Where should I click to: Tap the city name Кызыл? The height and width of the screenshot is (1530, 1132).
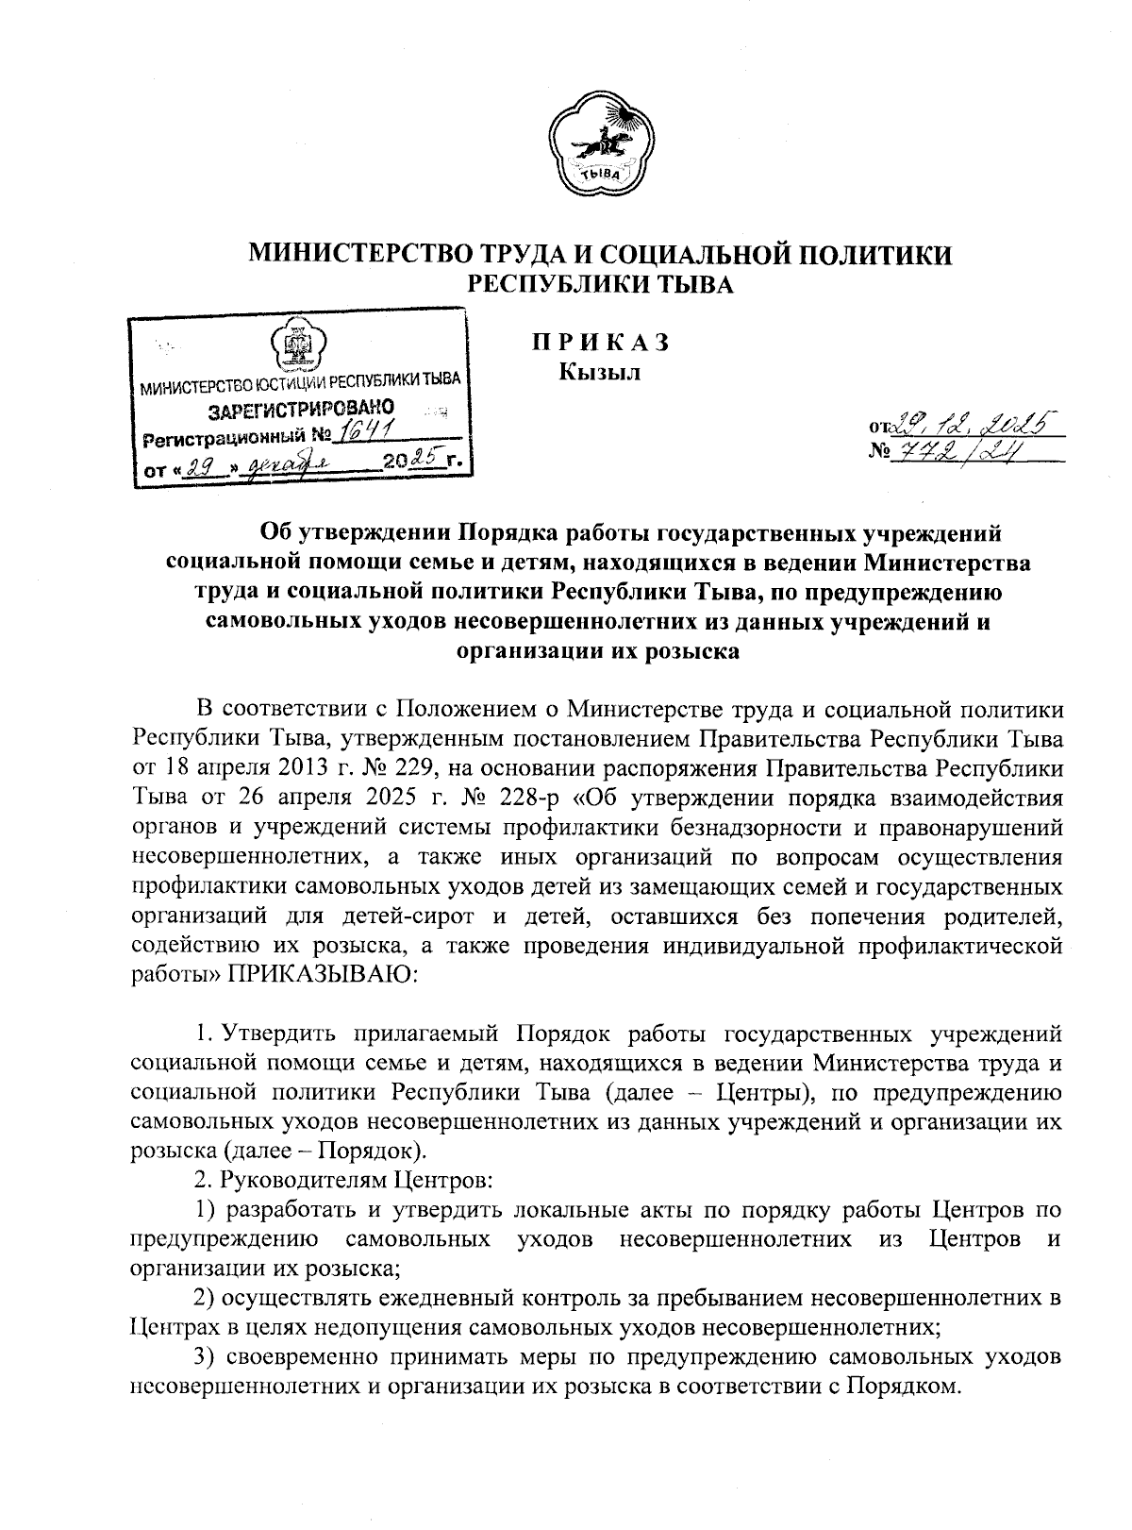[x=600, y=373]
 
